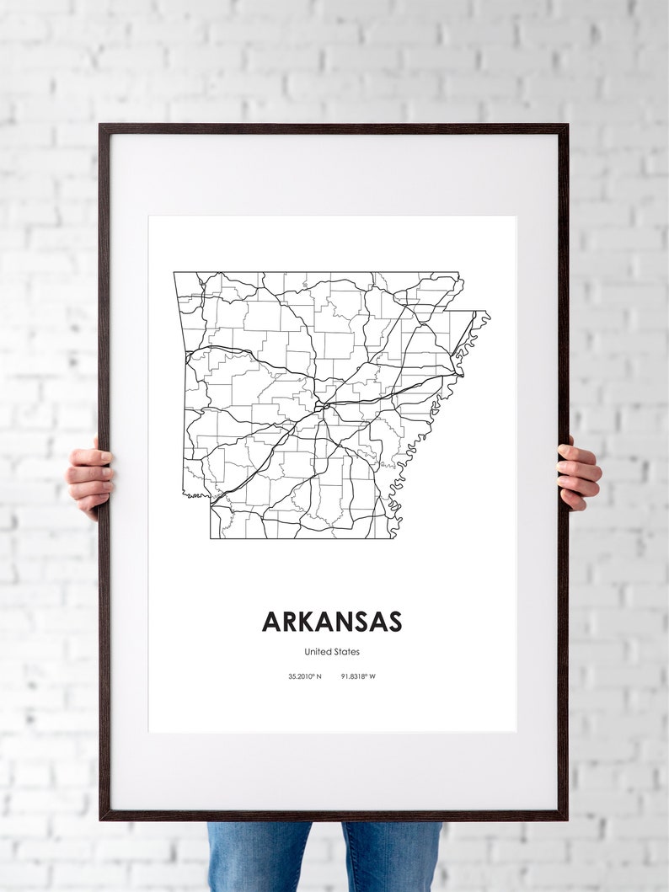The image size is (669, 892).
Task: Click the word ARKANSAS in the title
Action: tap(332, 622)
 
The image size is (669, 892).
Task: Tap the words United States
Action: tap(332, 651)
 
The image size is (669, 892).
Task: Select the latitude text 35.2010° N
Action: tap(304, 676)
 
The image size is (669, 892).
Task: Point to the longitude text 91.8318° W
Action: tap(359, 676)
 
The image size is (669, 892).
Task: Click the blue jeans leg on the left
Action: tap(260, 857)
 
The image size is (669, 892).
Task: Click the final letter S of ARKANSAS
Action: tap(393, 622)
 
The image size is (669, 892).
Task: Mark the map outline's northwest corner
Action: tap(174, 272)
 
